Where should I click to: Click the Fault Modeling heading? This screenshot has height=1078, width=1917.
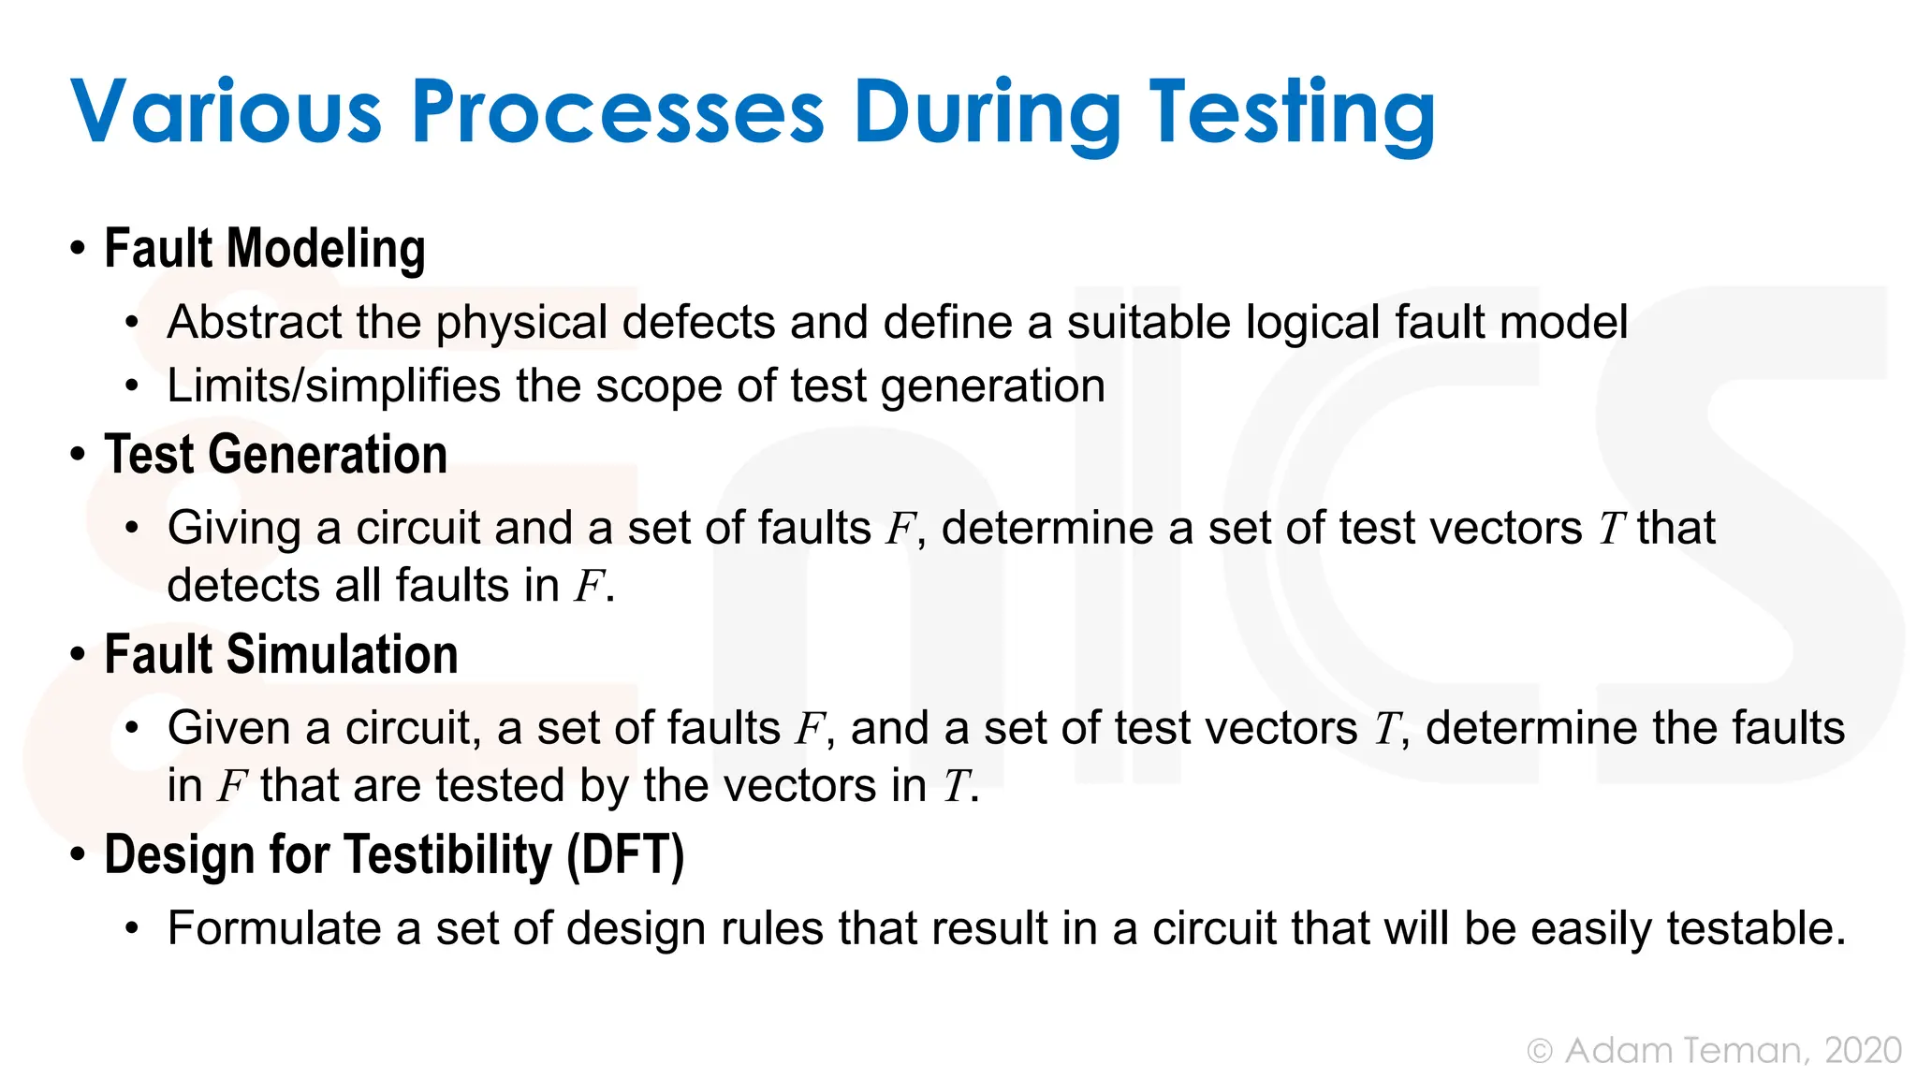[x=265, y=249]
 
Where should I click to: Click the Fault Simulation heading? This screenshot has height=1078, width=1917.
[x=281, y=654]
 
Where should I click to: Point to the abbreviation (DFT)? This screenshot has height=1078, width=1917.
[x=625, y=855]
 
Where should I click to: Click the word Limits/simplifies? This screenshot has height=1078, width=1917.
[x=333, y=386]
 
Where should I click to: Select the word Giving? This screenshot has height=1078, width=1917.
[x=234, y=529]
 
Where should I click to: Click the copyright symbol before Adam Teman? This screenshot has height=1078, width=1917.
[x=1540, y=1051]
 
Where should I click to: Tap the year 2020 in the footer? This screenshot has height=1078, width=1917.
[x=1863, y=1051]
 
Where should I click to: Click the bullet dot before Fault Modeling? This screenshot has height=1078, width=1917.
[x=78, y=250]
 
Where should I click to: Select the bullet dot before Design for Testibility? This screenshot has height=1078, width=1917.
[x=78, y=855]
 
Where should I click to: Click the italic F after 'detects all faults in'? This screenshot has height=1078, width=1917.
[x=588, y=587]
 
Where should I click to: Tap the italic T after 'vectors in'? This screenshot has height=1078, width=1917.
[x=955, y=786]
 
